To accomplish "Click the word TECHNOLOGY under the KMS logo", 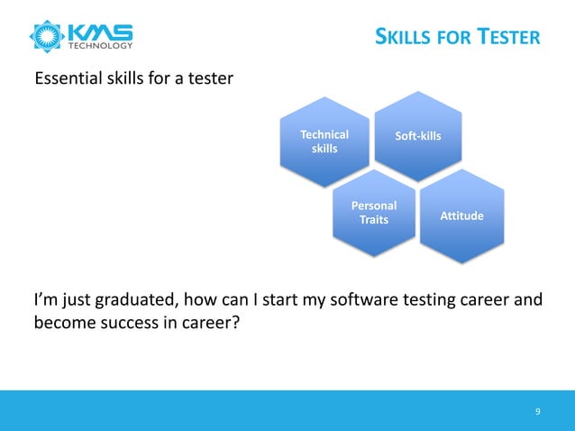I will pos(100,45).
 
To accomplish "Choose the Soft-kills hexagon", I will pos(418,135).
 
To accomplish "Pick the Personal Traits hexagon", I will pos(374,213).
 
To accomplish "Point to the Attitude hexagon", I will pos(461,217).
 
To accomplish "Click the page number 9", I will pos(538,412).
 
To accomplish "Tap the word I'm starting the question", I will pos(46,299).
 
